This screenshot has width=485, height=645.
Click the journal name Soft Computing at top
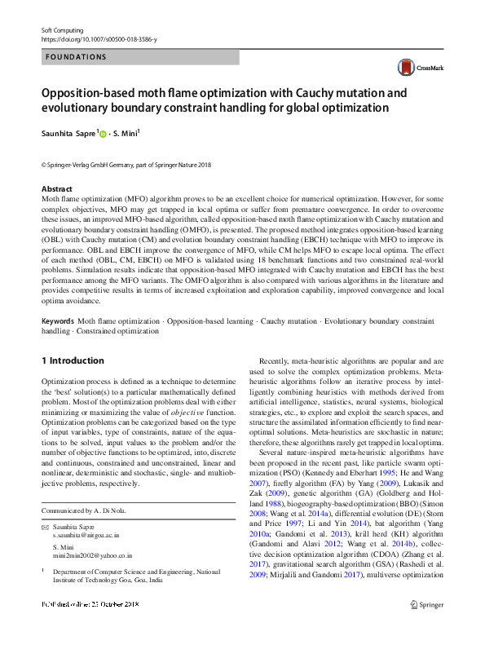63,29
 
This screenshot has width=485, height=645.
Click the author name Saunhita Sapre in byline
68,132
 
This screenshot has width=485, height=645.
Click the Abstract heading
56,188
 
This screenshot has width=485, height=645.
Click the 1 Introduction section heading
73,360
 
